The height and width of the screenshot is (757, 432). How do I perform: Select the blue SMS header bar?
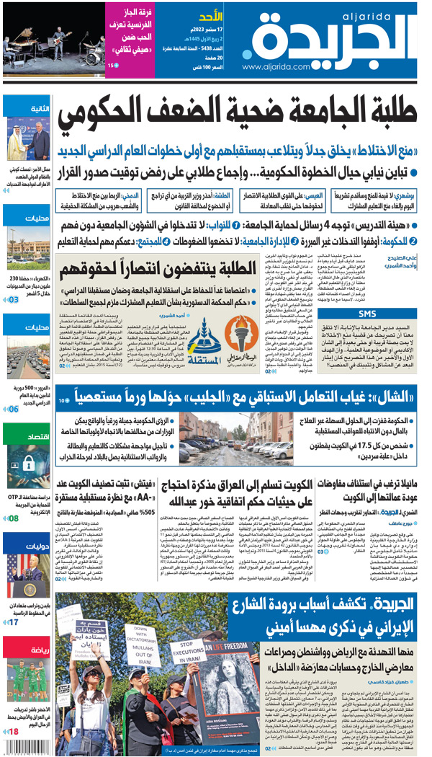367,314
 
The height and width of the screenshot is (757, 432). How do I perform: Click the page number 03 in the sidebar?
13,298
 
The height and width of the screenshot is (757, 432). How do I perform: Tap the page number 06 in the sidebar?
13,409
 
